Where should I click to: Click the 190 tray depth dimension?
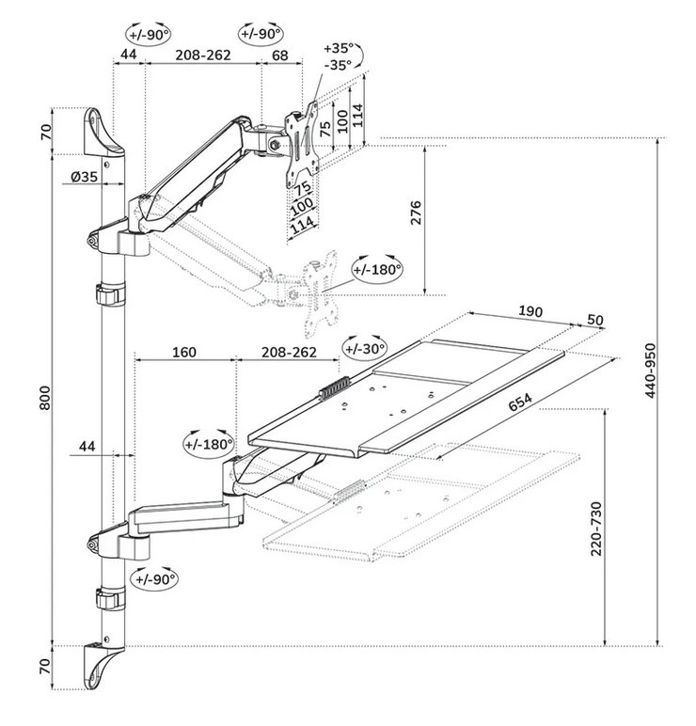[x=532, y=311]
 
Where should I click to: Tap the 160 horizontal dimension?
[x=183, y=353]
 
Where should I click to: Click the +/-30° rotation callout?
[x=365, y=348]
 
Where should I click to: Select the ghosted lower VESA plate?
[x=318, y=291]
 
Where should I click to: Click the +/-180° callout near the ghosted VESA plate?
[x=377, y=269]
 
